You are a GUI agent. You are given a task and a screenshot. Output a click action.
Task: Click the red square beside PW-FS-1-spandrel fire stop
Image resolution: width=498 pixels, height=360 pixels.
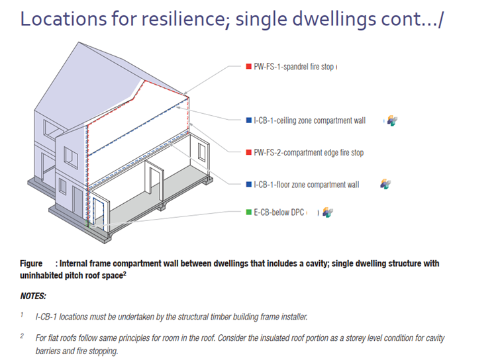pyautogui.click(x=249, y=66)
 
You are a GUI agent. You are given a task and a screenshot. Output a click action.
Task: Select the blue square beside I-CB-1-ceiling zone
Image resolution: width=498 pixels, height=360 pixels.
pyautogui.click(x=249, y=120)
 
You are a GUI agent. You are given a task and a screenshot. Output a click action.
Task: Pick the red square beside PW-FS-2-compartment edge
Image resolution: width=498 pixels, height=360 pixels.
pyautogui.click(x=249, y=152)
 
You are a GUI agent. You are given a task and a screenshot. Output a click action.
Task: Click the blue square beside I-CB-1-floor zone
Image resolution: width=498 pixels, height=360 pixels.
pyautogui.click(x=249, y=185)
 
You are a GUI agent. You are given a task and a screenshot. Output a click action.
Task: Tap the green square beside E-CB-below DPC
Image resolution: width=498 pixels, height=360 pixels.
pyautogui.click(x=249, y=212)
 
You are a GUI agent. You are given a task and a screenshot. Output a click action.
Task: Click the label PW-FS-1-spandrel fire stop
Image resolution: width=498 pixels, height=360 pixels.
pyautogui.click(x=294, y=67)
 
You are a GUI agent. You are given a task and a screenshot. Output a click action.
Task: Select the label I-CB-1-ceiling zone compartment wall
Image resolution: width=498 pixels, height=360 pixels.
pyautogui.click(x=310, y=120)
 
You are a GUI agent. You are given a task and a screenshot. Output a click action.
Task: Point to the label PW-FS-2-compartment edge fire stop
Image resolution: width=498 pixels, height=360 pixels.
pyautogui.click(x=309, y=153)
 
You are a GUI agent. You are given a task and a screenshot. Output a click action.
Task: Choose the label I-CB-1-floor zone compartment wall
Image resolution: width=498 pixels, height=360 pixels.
pyautogui.click(x=307, y=185)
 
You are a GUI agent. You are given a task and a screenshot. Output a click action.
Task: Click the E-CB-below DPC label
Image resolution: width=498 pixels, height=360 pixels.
pyautogui.click(x=279, y=212)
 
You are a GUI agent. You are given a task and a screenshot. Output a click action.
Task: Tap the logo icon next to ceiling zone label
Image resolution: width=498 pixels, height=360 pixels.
pyautogui.click(x=392, y=120)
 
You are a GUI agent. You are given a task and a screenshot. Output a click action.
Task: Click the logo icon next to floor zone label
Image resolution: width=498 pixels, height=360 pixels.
pyautogui.click(x=385, y=184)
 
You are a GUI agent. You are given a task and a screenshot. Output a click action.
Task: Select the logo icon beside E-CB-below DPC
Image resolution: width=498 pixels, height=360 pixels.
pyautogui.click(x=328, y=212)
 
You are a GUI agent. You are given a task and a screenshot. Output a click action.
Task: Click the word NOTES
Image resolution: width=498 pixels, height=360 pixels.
pyautogui.click(x=33, y=296)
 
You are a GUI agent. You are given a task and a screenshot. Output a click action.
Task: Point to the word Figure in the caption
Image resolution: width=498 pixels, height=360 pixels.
pyautogui.click(x=31, y=263)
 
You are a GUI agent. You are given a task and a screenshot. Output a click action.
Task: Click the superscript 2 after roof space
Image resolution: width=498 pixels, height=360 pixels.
pyautogui.click(x=124, y=273)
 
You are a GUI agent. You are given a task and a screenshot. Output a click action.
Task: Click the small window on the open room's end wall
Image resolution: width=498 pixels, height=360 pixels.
pyautogui.click(x=202, y=152)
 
